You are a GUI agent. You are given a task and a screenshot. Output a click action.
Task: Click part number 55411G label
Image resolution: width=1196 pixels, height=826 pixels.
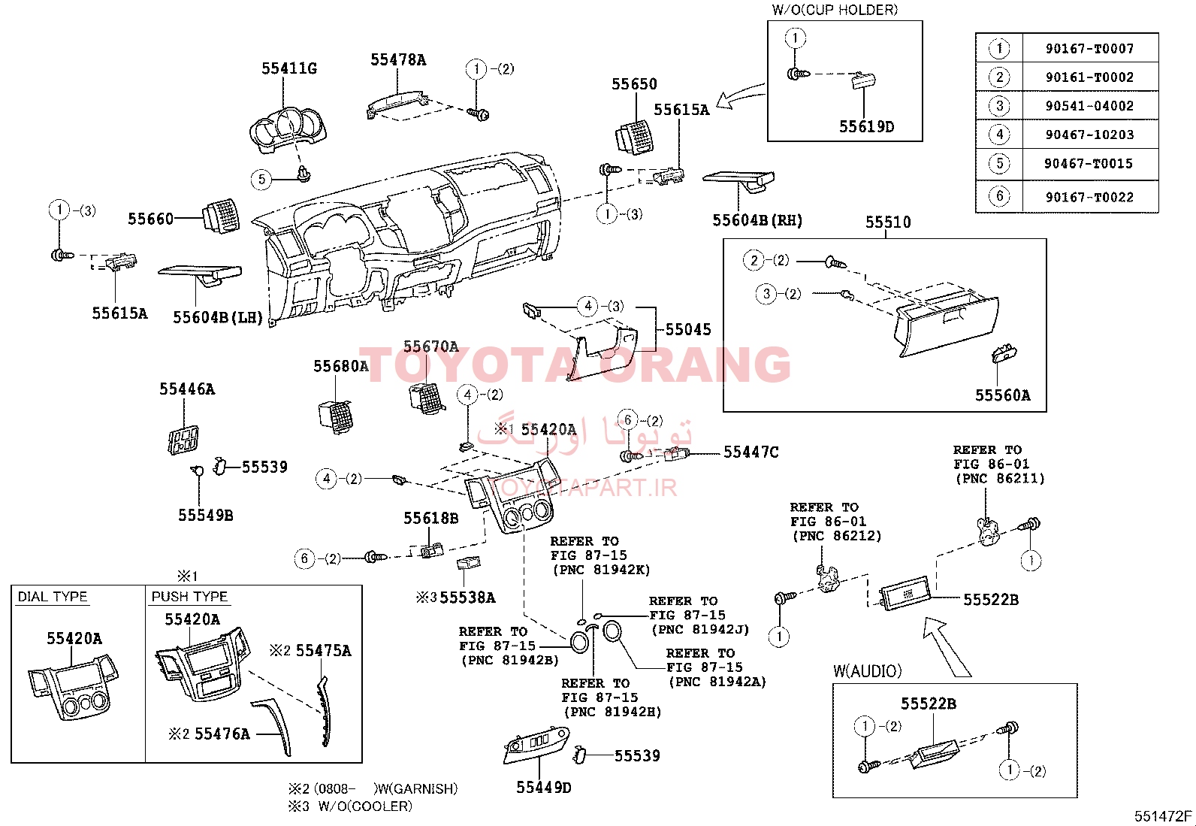tap(288, 68)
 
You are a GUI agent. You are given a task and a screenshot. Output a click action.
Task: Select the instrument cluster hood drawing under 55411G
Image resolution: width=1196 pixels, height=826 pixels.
tap(288, 130)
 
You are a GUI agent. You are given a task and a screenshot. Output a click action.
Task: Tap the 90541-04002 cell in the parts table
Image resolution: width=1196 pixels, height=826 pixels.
tap(1089, 106)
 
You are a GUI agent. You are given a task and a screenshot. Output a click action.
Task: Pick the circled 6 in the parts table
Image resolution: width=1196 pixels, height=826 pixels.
tap(999, 196)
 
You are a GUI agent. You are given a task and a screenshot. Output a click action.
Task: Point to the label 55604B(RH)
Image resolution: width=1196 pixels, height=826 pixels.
tap(757, 220)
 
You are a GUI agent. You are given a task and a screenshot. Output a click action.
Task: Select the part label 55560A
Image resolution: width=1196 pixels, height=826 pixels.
tap(1002, 395)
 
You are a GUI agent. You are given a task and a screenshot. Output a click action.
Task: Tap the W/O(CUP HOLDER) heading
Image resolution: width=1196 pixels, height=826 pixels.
tap(835, 10)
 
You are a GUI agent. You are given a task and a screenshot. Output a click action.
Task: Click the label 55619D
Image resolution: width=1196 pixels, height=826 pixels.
tap(866, 127)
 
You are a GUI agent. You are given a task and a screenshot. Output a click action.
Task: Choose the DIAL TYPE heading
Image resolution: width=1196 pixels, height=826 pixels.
tap(53, 597)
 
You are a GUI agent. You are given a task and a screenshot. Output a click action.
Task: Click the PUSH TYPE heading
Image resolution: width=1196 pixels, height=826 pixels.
tap(189, 597)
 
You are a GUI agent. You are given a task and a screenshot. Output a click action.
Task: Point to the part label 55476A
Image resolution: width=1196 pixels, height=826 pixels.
tap(222, 734)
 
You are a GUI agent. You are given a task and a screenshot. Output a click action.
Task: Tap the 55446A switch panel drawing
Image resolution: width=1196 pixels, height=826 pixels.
tap(183, 440)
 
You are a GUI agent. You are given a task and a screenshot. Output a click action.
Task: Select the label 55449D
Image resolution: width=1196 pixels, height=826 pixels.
tap(543, 788)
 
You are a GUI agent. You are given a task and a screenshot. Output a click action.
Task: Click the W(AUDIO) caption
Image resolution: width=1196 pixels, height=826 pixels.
tap(867, 671)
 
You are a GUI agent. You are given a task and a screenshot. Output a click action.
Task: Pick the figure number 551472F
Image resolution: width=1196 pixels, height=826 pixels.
tap(1163, 816)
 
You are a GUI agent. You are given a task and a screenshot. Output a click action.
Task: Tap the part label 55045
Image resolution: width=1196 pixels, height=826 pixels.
tap(687, 329)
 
